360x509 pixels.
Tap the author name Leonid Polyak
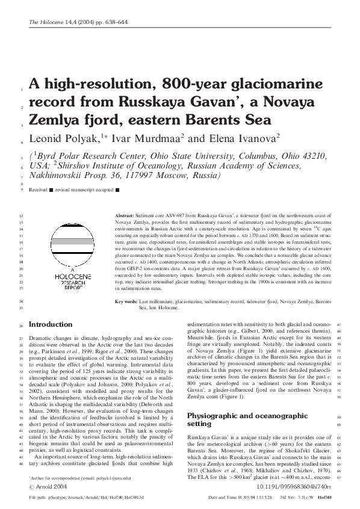(65, 139)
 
